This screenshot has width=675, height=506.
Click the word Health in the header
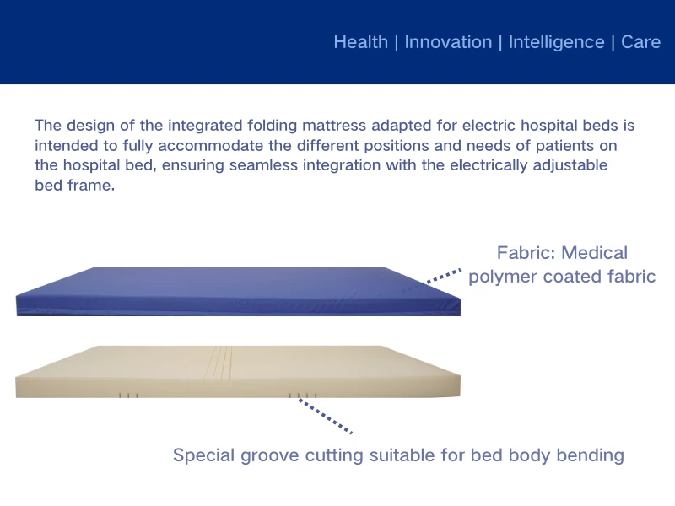[361, 42]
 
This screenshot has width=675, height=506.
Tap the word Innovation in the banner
[448, 42]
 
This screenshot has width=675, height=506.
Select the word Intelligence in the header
[556, 42]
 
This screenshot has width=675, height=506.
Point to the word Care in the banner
[640, 42]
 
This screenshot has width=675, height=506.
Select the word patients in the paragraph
[559, 145]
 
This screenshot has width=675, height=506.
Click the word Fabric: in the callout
[525, 253]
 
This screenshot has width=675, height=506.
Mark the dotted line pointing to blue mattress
[443, 276]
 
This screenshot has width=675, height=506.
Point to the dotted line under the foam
[326, 417]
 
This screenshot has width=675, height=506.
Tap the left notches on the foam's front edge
[127, 395]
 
